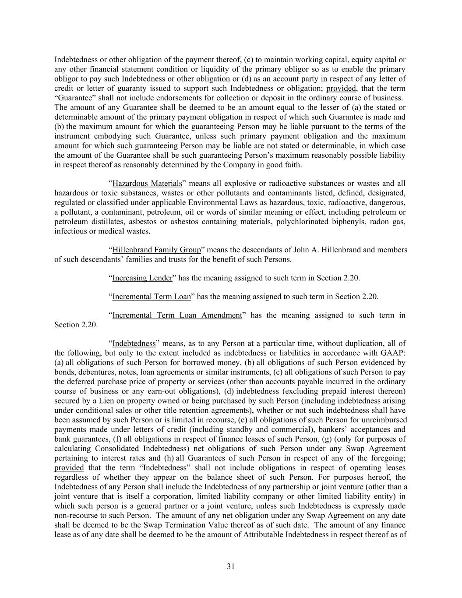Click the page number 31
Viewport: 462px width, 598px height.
(231, 566)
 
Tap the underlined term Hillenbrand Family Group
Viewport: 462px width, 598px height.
(156, 250)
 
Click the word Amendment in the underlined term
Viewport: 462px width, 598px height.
(221, 315)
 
